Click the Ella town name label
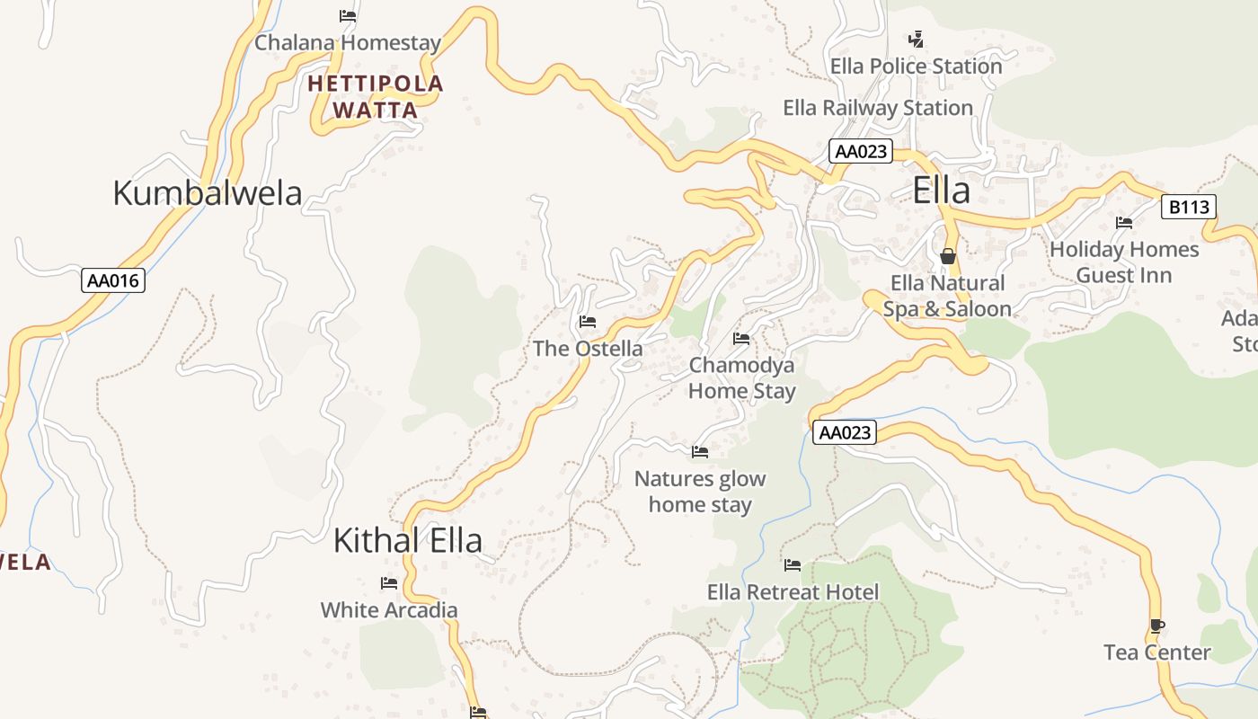tap(942, 191)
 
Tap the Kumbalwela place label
tap(207, 193)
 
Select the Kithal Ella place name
tap(407, 540)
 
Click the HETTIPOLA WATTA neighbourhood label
tap(376, 97)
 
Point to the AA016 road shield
tap(113, 280)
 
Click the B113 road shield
tap(1188, 208)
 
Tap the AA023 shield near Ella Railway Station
tap(860, 151)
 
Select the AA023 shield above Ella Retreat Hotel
tap(845, 432)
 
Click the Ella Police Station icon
tap(916, 40)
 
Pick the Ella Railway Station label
tap(878, 108)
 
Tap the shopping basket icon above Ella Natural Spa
tap(947, 257)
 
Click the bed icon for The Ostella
tap(588, 322)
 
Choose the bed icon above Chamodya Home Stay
tap(741, 339)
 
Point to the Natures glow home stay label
tap(700, 492)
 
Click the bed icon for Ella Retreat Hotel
tap(792, 565)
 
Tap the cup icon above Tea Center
tap(1156, 626)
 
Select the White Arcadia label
tap(389, 610)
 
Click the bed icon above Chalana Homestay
tap(348, 15)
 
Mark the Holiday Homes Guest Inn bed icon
tap(1123, 223)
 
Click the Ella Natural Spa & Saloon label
tap(947, 297)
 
